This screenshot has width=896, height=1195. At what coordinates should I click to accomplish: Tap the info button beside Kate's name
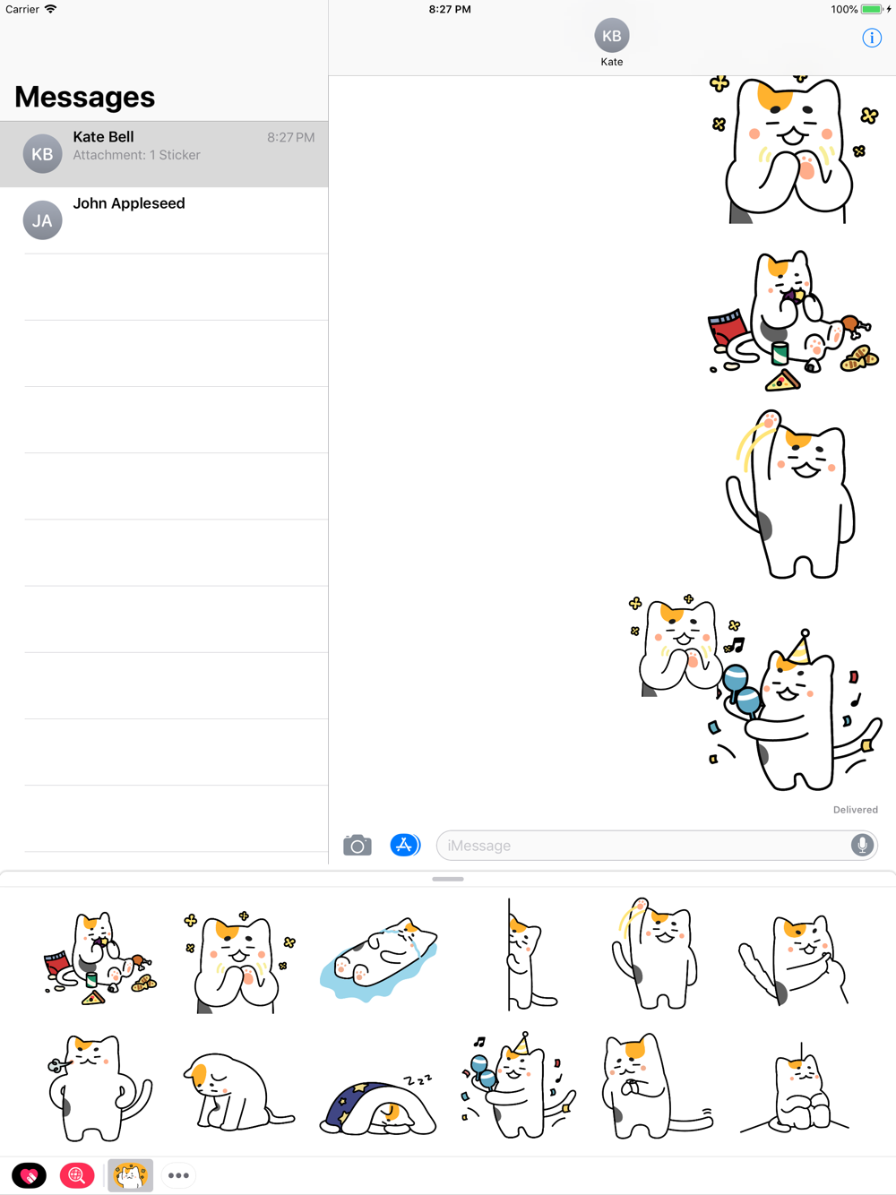coord(872,38)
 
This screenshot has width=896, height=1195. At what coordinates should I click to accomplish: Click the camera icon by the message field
coord(358,845)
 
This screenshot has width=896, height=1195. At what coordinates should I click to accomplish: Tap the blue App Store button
coord(404,845)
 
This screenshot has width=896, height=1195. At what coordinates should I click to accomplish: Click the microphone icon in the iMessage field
coord(862,845)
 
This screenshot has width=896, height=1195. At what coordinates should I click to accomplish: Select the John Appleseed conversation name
coord(129,203)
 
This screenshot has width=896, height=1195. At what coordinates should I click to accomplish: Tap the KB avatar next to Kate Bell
coord(42,153)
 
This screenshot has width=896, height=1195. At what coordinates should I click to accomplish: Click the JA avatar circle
coord(42,220)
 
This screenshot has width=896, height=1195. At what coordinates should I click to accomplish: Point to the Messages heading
coord(85,97)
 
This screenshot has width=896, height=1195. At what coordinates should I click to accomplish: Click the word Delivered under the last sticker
coord(855,810)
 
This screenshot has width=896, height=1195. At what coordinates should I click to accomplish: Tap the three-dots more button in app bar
coord(178,1175)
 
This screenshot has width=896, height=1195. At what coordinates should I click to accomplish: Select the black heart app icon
coord(29,1175)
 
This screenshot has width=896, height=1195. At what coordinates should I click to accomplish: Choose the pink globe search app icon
coord(77,1175)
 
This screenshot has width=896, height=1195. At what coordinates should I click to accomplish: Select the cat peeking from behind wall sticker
coord(530,954)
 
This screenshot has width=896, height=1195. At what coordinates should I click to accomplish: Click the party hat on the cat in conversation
coord(799,648)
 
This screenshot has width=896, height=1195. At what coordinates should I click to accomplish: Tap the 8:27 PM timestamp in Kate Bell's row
coord(290,137)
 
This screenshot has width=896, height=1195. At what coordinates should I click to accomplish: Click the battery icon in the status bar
coord(872,9)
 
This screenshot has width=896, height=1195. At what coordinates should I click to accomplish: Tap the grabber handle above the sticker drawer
coord(448,879)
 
